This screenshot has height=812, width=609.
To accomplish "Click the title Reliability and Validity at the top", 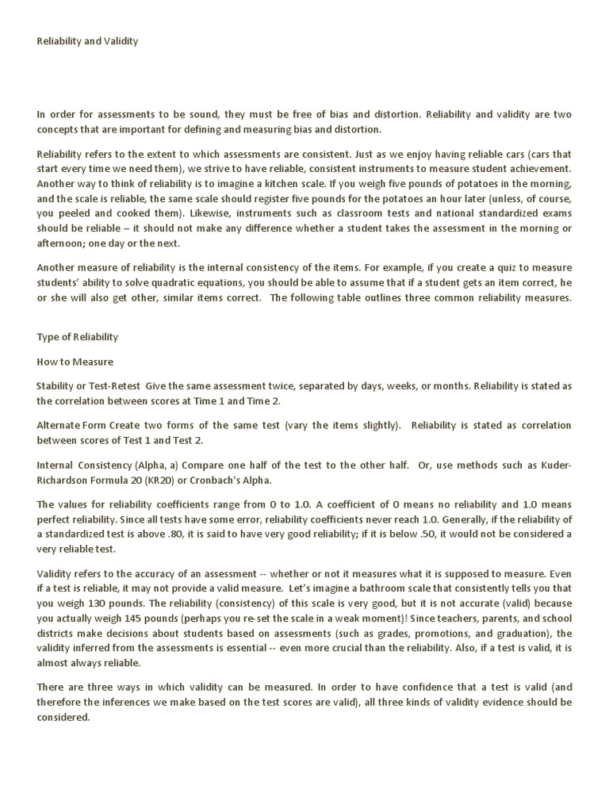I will click(87, 41).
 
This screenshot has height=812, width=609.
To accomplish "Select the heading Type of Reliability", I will click(77, 336).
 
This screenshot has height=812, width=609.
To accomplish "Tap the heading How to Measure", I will click(75, 362).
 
